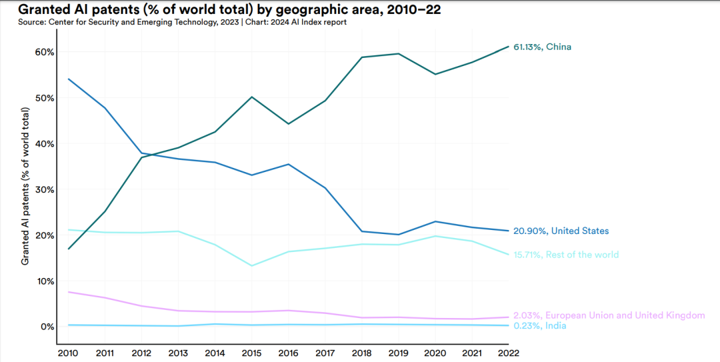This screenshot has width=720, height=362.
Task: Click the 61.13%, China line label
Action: (542, 47)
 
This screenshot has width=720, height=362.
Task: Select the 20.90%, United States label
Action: (561, 231)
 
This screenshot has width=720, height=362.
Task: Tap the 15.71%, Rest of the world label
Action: (566, 255)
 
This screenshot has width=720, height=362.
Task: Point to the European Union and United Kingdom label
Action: (609, 315)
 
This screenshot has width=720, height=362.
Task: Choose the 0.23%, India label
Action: (539, 326)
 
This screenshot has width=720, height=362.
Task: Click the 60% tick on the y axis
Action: (44, 52)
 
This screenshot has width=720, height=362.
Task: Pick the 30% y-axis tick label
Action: (44, 189)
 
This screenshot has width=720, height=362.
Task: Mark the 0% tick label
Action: (47, 327)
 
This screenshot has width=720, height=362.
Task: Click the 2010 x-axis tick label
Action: (69, 352)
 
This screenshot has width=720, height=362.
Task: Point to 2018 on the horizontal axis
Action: (361, 352)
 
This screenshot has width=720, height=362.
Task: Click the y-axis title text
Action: (25, 189)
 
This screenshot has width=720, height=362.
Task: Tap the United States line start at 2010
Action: (69, 79)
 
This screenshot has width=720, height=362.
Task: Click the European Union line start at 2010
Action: (69, 292)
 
